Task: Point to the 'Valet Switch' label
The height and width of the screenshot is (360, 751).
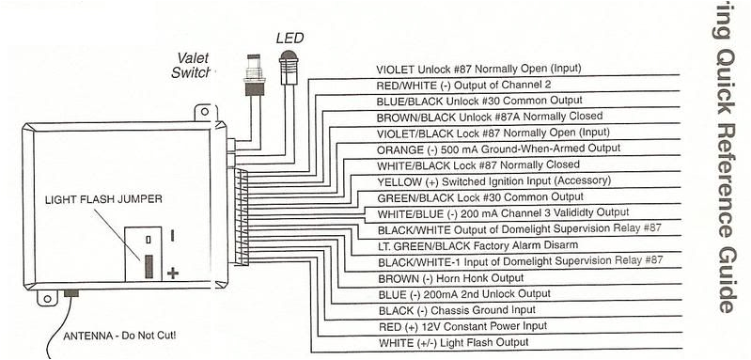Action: click(195, 64)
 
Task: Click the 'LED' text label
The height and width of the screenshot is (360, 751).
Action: click(289, 38)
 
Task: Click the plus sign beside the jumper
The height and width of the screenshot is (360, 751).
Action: click(173, 273)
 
